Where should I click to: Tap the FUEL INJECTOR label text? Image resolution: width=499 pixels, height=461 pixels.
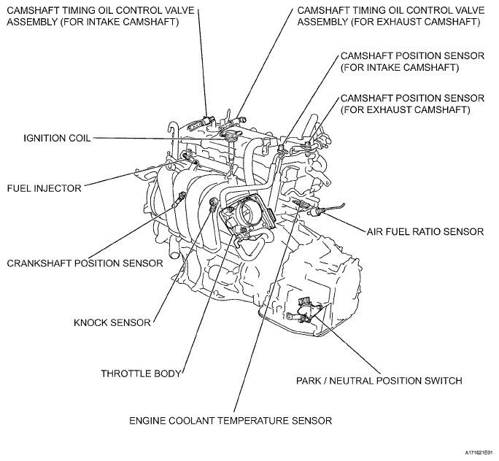click(44, 187)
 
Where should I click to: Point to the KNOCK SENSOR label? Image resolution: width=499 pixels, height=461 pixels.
click(113, 322)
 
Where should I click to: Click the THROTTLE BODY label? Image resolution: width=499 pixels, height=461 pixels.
click(141, 373)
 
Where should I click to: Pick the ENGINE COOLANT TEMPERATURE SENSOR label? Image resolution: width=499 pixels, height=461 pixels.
click(231, 420)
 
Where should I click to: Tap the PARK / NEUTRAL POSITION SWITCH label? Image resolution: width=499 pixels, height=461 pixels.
click(379, 380)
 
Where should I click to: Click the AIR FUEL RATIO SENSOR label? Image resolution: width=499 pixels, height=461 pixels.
click(425, 231)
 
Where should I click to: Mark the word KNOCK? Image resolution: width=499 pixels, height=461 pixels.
click(92, 322)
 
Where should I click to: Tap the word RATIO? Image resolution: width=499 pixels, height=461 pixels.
click(430, 231)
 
